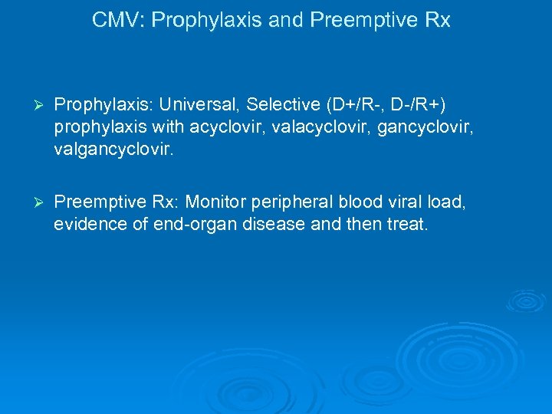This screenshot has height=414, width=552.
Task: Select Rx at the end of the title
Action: point(436,21)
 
